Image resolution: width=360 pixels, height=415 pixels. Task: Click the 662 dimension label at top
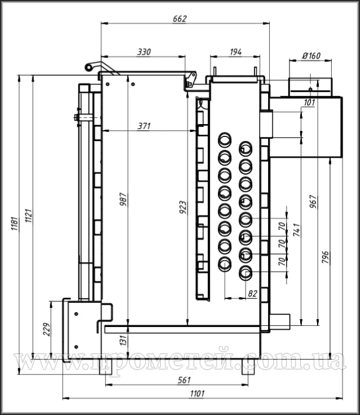tap(179, 19)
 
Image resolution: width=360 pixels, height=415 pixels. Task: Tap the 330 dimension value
tap(144, 52)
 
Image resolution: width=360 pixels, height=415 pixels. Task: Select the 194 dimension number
tap(235, 52)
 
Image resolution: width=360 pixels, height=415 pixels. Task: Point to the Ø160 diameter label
tap(311, 56)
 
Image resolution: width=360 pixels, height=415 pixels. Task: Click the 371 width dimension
tap(144, 126)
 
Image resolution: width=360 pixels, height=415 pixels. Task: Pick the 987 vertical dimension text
tap(123, 200)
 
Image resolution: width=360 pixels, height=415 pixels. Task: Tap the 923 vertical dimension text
tap(183, 207)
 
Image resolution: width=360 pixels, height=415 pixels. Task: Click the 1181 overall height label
tap(14, 224)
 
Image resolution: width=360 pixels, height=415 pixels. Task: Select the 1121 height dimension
tap(28, 216)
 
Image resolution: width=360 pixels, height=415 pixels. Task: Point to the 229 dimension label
tap(47, 329)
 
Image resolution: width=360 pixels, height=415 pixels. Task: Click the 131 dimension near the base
tap(123, 339)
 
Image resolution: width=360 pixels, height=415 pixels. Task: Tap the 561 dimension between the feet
tap(184, 381)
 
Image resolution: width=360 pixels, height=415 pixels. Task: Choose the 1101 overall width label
tap(197, 394)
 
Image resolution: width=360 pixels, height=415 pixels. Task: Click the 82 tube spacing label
tap(253, 294)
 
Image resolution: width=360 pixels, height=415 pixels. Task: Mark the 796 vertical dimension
tap(325, 257)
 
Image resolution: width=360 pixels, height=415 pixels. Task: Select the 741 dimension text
tap(297, 229)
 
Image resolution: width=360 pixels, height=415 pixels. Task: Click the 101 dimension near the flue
tap(309, 103)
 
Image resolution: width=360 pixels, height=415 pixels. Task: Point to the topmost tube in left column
tap(225, 139)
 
